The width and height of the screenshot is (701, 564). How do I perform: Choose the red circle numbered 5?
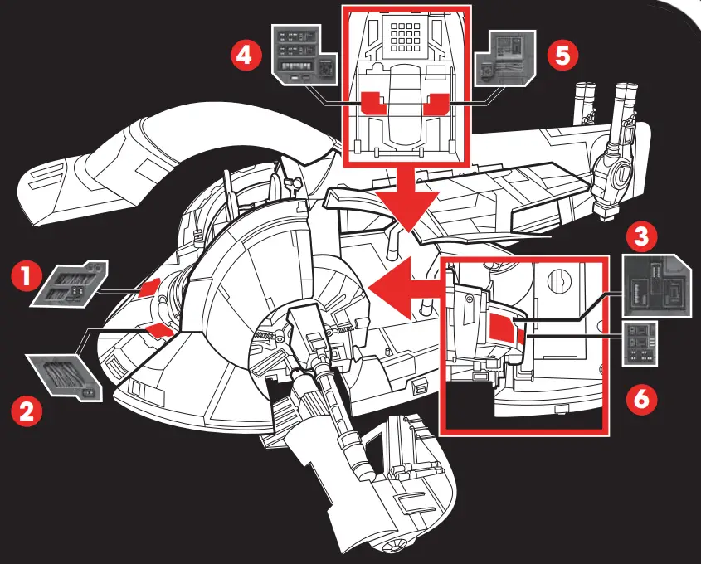point(561,55)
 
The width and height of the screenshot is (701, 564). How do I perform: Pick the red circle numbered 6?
point(640,400)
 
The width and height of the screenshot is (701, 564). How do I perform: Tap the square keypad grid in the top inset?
point(406,36)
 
